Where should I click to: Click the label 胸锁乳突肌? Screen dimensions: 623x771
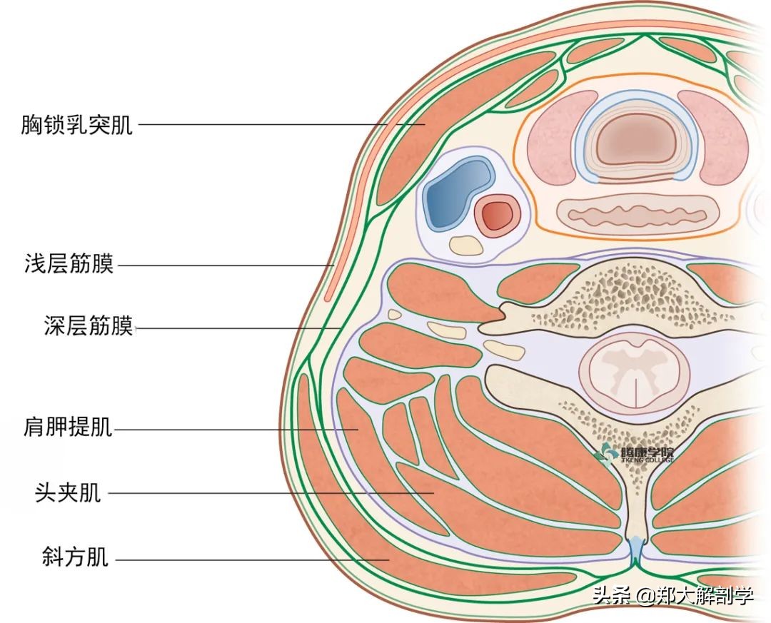(x=77, y=125)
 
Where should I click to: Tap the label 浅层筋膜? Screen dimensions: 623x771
(x=69, y=265)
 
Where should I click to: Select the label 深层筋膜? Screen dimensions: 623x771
(x=89, y=328)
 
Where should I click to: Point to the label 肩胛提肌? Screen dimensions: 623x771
(x=68, y=429)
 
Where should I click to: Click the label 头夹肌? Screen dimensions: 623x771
(x=68, y=492)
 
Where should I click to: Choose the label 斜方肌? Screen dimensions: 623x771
(x=76, y=557)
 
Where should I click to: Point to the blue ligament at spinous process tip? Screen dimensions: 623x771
(x=635, y=550)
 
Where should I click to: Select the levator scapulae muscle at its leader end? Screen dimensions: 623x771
(x=356, y=430)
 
